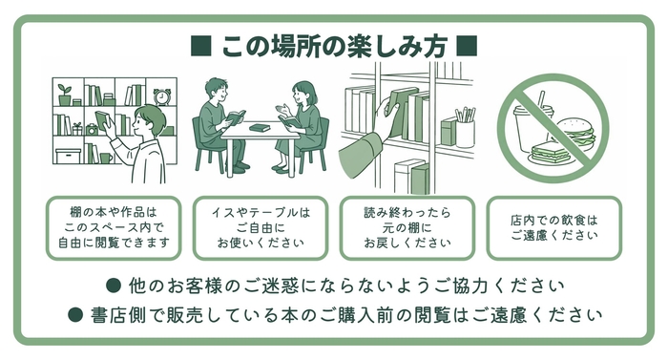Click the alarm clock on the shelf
tap(162, 96)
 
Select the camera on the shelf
tap(92, 129)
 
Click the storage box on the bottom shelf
tap(68, 156)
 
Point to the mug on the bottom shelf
tap(106, 158)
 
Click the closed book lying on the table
tap(260, 128)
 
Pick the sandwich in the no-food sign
tap(551, 154)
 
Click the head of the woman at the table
tap(304, 93)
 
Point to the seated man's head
tap(216, 90)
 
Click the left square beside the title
tap(200, 46)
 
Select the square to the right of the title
tap(467, 46)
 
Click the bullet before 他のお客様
tap(113, 286)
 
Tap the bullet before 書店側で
tap(75, 315)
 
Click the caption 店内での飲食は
tap(553, 221)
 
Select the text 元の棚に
tap(407, 228)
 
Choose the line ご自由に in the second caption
tap(261, 228)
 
